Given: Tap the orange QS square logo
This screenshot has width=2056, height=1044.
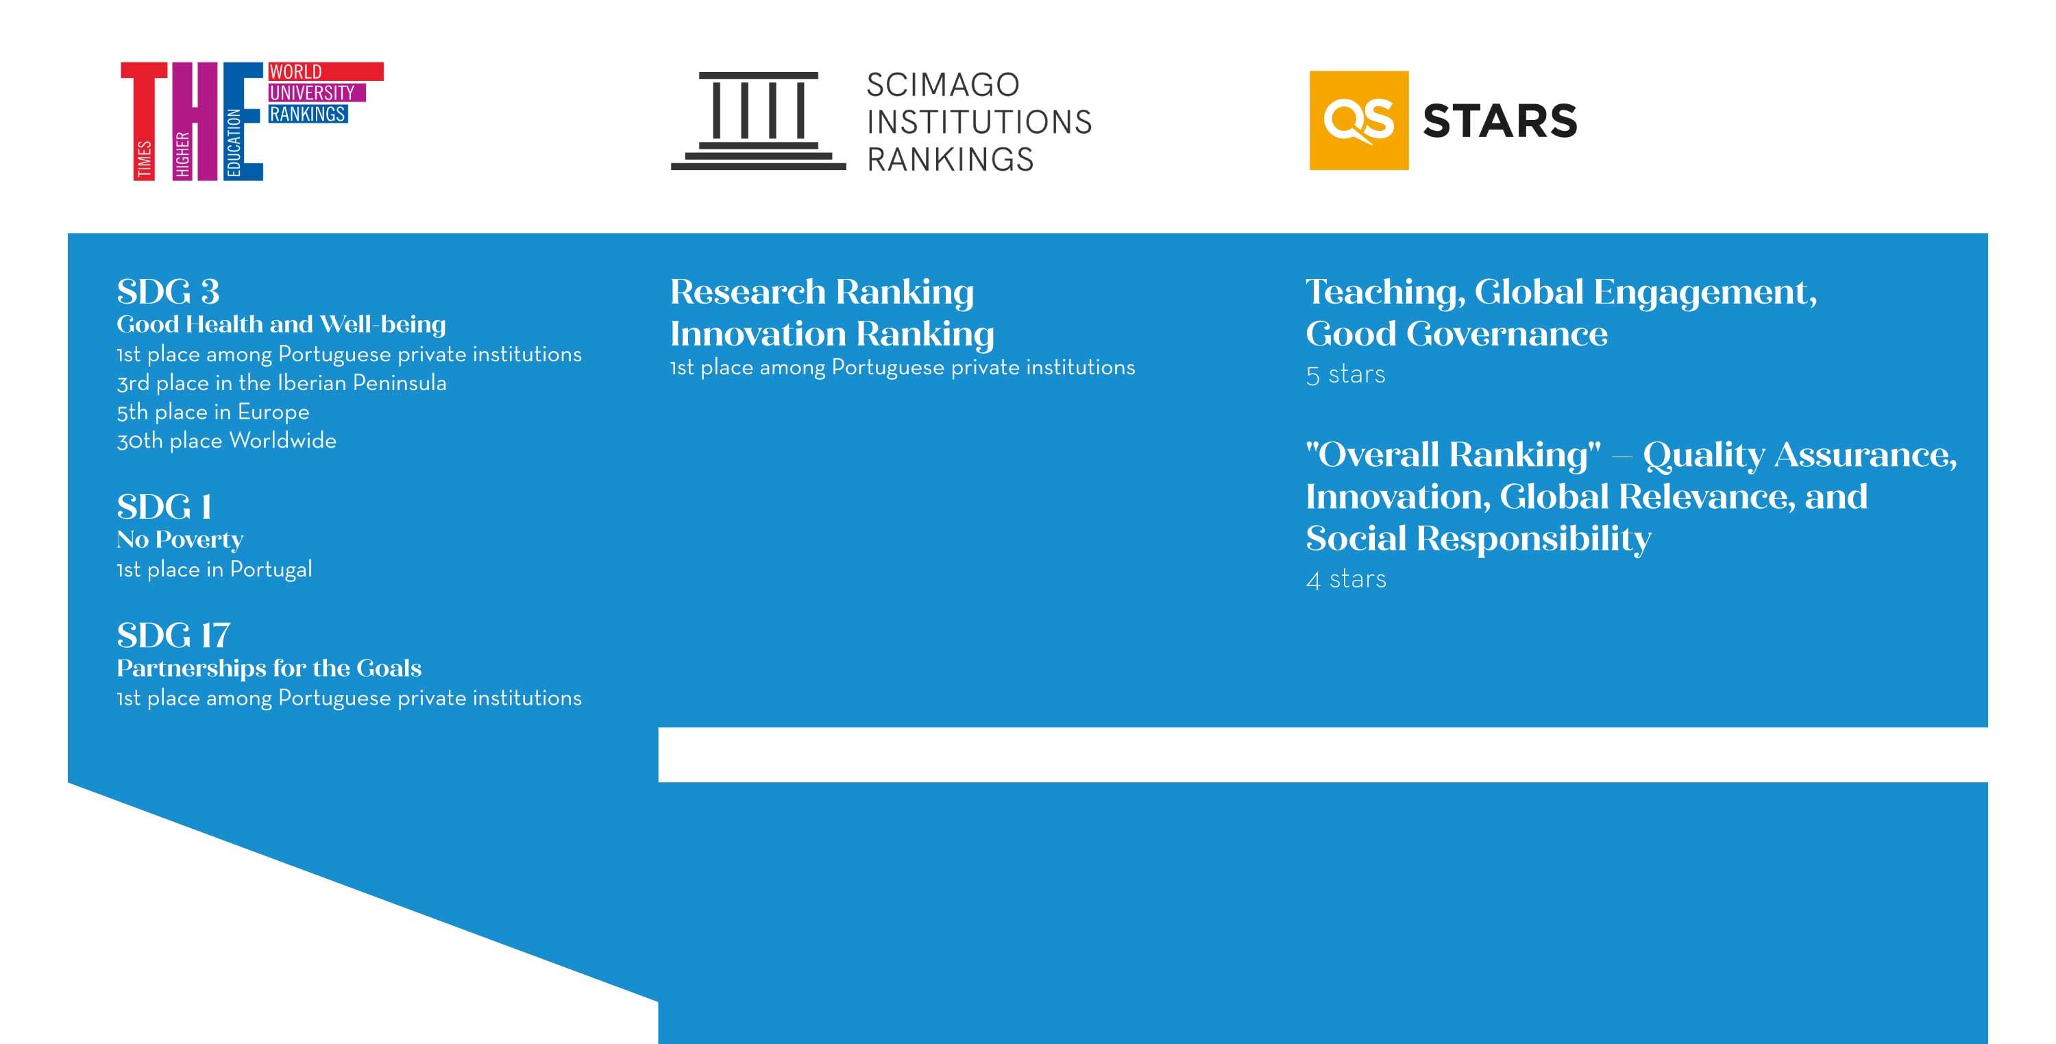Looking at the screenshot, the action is coord(1358,121).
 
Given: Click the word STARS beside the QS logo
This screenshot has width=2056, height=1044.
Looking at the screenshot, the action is coord(1500,121).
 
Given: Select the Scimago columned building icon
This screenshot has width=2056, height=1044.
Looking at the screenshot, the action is coord(758,121).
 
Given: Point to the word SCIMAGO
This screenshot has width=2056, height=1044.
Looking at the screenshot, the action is coord(942,84).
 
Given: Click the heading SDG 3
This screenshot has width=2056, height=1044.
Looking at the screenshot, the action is coord(168,292).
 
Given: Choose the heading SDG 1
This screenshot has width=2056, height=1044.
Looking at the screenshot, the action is coord(164,507).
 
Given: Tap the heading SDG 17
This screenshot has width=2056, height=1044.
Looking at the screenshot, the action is coord(173,636).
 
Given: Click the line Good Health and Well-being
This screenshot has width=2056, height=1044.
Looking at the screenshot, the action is coord(281,324).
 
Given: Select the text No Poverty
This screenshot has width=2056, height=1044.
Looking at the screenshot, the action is coord(180,540).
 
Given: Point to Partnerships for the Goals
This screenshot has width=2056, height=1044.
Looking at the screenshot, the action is coord(269,668).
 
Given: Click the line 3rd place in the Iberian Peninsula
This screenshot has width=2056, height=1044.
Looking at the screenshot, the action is coord(282,383).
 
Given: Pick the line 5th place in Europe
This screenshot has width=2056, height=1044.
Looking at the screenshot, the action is coord(213,412).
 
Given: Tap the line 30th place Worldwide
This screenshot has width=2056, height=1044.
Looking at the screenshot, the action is coord(227,441).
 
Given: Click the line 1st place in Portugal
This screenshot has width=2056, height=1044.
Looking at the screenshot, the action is coord(214,570).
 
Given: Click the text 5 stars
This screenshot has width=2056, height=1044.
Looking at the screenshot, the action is coord(1346,375).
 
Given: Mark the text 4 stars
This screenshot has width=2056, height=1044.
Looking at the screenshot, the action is coord(1346,579).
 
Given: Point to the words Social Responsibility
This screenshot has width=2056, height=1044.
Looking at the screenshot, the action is coord(1478,539).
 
